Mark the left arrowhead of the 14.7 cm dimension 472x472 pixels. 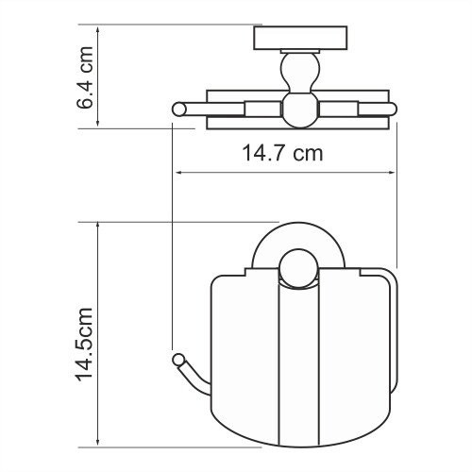coord(177,173)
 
